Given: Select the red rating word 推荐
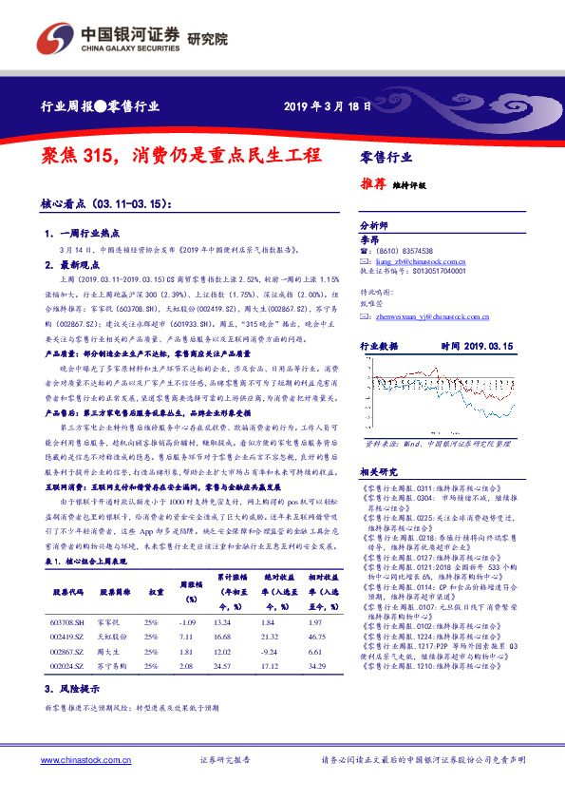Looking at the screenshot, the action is (x=372, y=185).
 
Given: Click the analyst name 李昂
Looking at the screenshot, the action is (x=369, y=239).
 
